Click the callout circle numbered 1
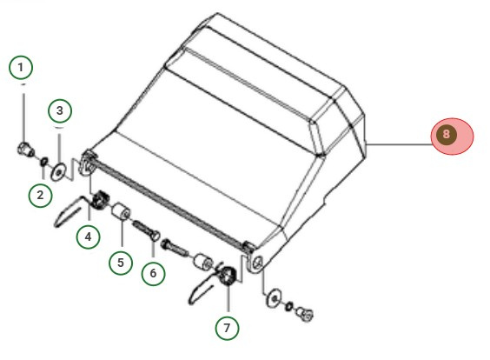[21, 67]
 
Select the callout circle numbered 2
[40, 195]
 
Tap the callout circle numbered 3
[60, 110]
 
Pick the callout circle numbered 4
[89, 237]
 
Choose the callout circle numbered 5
[121, 263]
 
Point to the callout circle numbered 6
[153, 273]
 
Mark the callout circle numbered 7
[227, 328]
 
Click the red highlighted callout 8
[452, 136]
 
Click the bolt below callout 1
[25, 150]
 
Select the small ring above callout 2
[44, 162]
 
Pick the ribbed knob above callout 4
[99, 200]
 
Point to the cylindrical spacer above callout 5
[121, 211]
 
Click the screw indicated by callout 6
[146, 230]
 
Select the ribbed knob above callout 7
[228, 276]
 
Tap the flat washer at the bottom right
[274, 298]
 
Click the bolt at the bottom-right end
[304, 314]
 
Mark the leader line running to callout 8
[399, 144]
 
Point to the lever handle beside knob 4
[72, 211]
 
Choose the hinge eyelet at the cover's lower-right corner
[257, 263]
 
